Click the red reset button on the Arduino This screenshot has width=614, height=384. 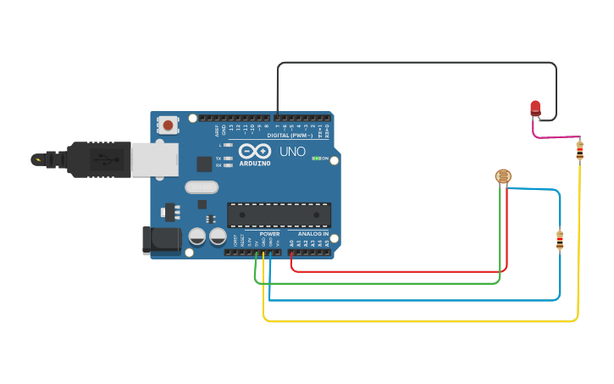pos(169,125)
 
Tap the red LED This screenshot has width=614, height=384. pos(534,108)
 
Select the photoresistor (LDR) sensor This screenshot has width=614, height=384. pos(503,176)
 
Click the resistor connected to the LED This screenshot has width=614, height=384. pos(579,150)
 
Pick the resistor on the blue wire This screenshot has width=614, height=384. pos(559,240)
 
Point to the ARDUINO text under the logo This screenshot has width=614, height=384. pos(255,164)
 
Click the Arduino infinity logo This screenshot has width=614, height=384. pos(254,151)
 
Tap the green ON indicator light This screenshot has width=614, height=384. pos(315,159)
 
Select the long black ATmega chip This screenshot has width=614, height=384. pos(279,215)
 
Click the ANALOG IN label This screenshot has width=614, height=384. pos(313,234)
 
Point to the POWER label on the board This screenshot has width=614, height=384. pos(269,234)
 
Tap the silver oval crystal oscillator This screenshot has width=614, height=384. pos(202,186)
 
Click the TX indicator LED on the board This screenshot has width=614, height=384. pos(228,159)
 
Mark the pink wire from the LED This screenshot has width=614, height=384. pos(555,136)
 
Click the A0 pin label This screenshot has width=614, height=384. pos(292,243)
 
